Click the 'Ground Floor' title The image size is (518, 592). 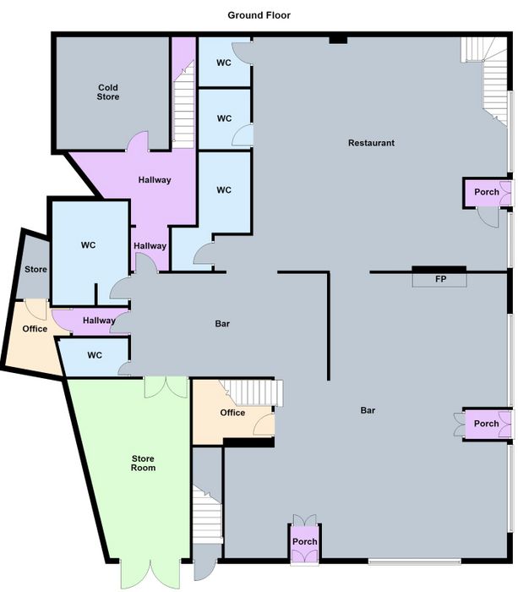[x=259, y=15]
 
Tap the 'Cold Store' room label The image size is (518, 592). [x=108, y=92]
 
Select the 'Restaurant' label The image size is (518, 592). [x=371, y=143]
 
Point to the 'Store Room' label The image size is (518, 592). [x=143, y=463]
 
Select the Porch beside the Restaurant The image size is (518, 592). [x=486, y=192]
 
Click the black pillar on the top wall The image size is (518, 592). [x=338, y=40]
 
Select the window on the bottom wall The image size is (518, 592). [x=415, y=562]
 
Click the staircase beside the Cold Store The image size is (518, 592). [x=183, y=105]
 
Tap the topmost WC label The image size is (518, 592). [x=224, y=63]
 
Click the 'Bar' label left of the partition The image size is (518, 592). [x=222, y=324]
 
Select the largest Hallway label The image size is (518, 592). [x=155, y=179]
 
